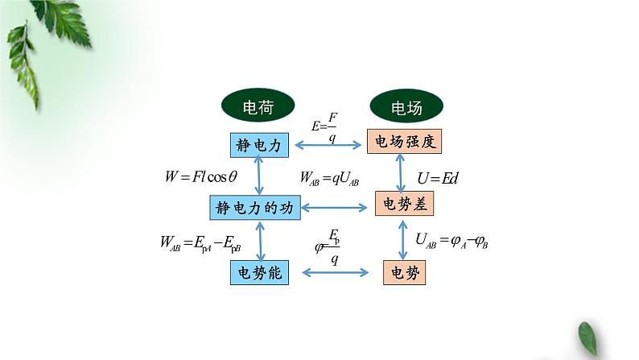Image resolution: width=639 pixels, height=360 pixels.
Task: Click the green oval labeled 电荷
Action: pyautogui.click(x=258, y=106)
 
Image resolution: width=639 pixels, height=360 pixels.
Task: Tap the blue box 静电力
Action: pyautogui.click(x=258, y=145)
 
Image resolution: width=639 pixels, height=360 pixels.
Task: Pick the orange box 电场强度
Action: pyautogui.click(x=405, y=143)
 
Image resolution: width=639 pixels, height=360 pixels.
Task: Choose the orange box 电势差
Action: pyautogui.click(x=405, y=205)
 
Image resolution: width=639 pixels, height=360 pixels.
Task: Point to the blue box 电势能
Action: pyautogui.click(x=258, y=273)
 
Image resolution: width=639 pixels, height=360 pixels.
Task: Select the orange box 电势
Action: pyautogui.click(x=404, y=273)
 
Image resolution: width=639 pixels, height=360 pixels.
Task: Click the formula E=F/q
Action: pyautogui.click(x=327, y=126)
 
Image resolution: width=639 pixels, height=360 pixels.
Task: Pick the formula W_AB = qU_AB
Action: pyautogui.click(x=328, y=177)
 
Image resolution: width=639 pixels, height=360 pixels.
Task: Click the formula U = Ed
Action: pyautogui.click(x=438, y=177)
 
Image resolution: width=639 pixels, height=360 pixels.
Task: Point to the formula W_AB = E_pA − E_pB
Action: pyautogui.click(x=200, y=241)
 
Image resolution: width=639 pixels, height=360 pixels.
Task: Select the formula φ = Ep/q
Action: pyautogui.click(x=328, y=247)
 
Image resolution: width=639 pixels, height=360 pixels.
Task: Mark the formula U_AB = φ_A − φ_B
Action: pyautogui.click(x=453, y=240)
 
